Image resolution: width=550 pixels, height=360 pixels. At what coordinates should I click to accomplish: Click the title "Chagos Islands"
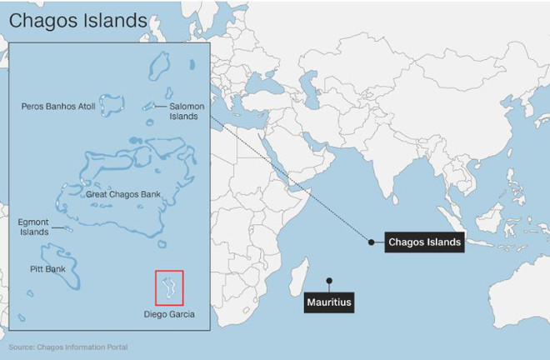coord(78,19)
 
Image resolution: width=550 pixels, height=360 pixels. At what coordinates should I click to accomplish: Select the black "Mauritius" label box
coord(328,301)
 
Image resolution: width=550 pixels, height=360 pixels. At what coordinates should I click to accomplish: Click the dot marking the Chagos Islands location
coord(371,242)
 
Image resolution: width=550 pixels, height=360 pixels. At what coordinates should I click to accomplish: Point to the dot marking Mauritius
coord(329,279)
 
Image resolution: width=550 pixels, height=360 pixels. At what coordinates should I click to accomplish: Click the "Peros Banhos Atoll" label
coord(58,106)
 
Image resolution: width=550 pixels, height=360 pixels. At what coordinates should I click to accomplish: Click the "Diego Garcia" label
coord(169,314)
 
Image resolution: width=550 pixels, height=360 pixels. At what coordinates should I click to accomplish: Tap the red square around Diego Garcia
coord(169,287)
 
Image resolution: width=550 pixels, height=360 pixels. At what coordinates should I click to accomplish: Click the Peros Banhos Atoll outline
coord(110,104)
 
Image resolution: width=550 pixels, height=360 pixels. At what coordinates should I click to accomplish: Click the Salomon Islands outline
coord(151,107)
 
